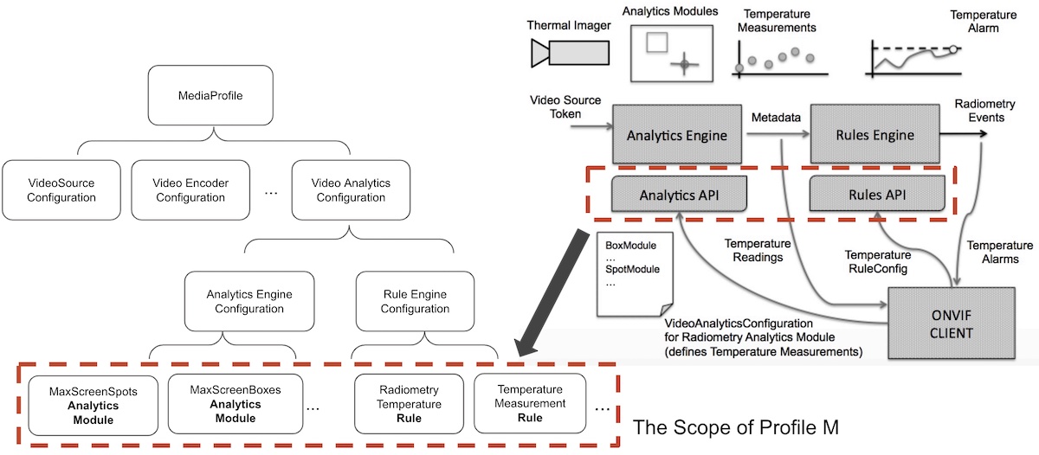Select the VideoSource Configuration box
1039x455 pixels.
[61, 190]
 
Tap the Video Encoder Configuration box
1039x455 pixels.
[190, 190]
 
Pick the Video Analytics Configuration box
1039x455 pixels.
[351, 190]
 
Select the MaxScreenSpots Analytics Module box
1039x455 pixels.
[93, 405]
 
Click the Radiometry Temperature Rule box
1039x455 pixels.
[410, 405]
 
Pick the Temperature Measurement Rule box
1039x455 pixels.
[530, 405]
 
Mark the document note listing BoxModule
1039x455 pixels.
[629, 270]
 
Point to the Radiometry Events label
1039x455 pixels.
[978, 111]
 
